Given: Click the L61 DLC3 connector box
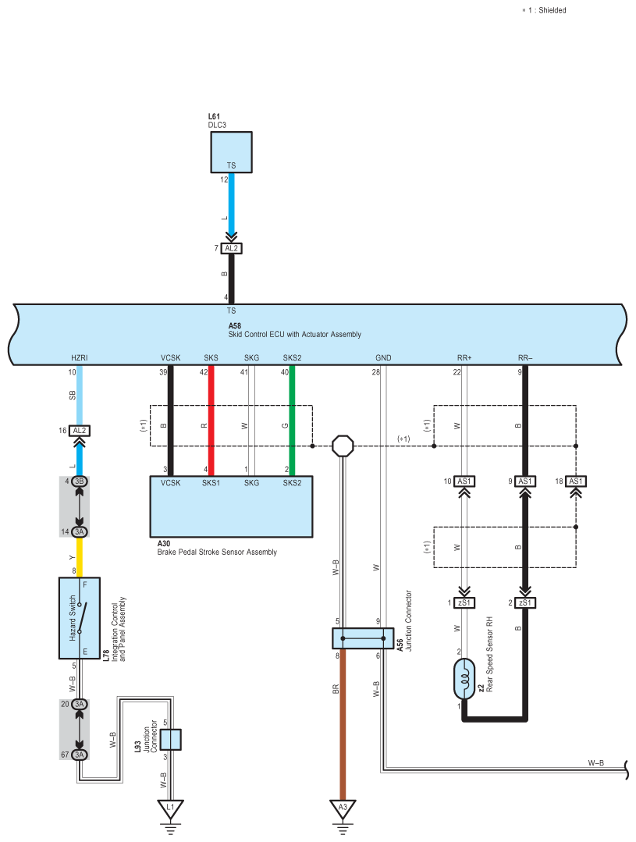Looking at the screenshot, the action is [231, 152].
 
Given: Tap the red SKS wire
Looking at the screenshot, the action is [211, 421].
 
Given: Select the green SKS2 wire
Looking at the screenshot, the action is [292, 421].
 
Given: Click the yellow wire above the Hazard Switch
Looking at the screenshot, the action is [80, 557].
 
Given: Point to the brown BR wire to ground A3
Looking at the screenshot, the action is [342, 724].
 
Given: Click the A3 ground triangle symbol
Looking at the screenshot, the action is [343, 808].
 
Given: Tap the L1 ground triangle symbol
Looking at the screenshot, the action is [170, 808].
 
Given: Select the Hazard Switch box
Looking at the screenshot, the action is [80, 618].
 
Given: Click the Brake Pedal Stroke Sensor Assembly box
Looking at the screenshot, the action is [231, 506].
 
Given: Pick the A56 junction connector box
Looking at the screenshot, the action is [363, 638].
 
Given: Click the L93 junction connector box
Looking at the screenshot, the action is [171, 740].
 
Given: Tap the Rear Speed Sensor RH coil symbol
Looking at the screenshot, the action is [464, 679].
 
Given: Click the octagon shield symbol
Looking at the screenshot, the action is [343, 446].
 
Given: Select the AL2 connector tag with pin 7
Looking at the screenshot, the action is [231, 248].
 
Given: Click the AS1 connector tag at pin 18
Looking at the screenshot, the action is [576, 481].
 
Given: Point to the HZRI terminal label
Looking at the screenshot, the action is [80, 357].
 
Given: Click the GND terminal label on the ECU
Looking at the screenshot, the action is [383, 357].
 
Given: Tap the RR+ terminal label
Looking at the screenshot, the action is [464, 357].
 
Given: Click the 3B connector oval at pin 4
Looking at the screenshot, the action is [80, 481].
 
